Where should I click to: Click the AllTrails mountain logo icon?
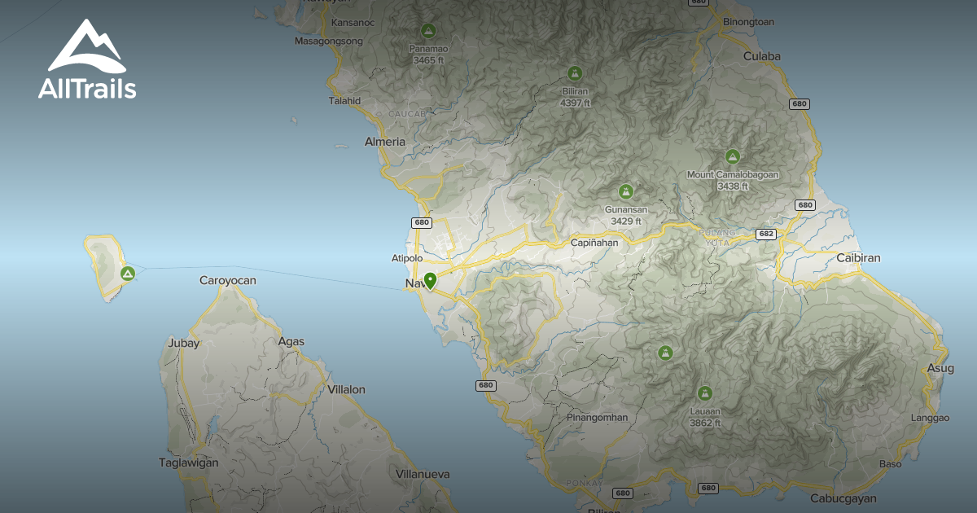[85, 46]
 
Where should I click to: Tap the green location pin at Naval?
[429, 280]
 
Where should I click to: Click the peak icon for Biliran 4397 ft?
[575, 73]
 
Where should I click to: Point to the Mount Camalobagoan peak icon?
[732, 156]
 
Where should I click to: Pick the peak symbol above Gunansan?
[625, 191]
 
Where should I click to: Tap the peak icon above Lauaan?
[704, 392]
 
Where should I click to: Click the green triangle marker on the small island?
[127, 273]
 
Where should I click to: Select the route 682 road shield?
[765, 234]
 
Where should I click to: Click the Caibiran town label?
[858, 258]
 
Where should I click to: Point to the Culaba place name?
[761, 56]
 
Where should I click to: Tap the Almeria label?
[384, 142]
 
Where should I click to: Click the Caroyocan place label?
[228, 281]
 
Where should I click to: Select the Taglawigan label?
[189, 463]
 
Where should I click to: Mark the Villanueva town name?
[423, 473]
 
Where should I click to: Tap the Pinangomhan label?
[598, 418]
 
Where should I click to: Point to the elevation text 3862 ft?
[705, 423]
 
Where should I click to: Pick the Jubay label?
[183, 343]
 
